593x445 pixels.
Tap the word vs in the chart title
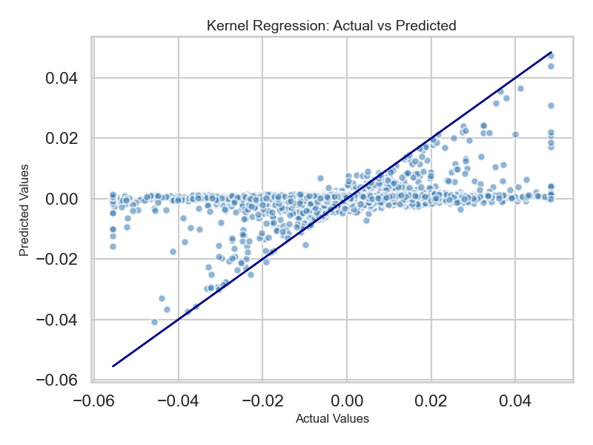374,26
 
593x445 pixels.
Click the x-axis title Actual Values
332,419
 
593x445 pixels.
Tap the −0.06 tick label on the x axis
94,400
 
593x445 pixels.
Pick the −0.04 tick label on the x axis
178,400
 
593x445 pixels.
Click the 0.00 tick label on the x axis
347,400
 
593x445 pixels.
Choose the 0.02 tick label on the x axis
431,400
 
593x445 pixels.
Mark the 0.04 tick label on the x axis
515,400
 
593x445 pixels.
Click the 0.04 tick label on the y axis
63,78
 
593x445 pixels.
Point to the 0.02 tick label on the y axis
63,139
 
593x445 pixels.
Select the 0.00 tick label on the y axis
63,199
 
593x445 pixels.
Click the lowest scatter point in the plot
154,322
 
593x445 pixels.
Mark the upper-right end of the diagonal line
551,53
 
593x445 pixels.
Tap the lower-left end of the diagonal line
113,366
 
